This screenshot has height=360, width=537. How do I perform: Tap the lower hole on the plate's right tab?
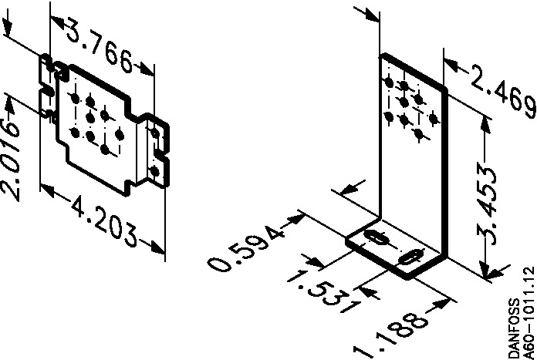(x=155, y=170)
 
